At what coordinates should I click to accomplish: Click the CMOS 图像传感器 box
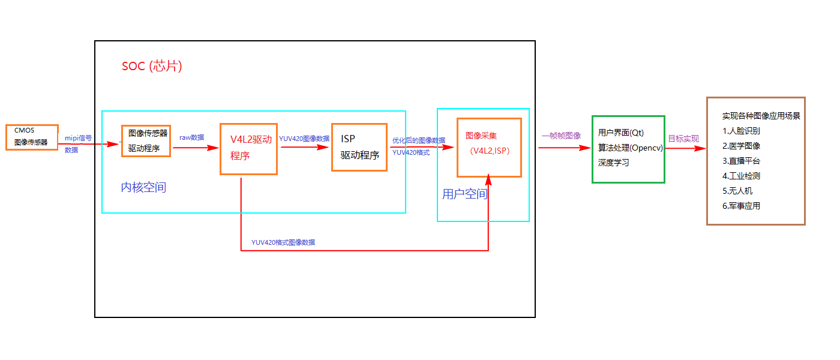(32, 137)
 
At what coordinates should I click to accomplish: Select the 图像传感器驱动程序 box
(146, 140)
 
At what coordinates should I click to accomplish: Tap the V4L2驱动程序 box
(248, 149)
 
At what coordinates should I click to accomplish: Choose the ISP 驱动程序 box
(359, 147)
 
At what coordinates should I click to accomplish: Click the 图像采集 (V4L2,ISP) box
(489, 147)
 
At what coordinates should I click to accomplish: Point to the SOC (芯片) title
(152, 66)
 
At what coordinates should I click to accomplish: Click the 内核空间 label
(143, 188)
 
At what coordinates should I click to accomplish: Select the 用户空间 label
(464, 194)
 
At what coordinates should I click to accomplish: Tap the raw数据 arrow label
(191, 137)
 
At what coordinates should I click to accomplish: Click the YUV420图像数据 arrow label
(304, 139)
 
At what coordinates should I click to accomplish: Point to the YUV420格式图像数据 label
(283, 242)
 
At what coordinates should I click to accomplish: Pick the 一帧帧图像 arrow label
(561, 136)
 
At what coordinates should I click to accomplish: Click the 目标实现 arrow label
(683, 139)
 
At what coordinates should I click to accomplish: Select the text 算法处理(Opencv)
(630, 148)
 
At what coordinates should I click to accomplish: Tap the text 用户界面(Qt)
(621, 133)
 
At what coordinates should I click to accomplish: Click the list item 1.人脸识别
(742, 131)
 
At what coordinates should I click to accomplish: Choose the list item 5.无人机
(737, 191)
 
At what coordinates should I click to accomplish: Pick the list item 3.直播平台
(742, 161)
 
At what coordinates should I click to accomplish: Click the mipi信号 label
(79, 138)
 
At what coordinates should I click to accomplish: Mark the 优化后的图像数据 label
(419, 140)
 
